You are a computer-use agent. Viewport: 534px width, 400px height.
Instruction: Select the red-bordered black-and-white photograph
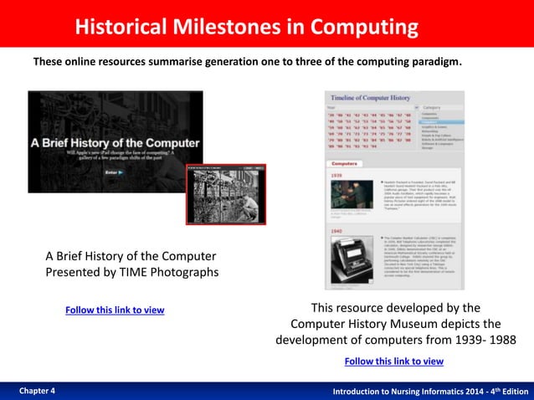coord(225,194)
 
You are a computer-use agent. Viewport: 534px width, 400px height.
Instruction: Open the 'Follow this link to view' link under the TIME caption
coord(115,310)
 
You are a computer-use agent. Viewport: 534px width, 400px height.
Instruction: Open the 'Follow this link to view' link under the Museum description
coord(394,362)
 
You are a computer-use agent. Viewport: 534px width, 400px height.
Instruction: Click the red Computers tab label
coord(345,164)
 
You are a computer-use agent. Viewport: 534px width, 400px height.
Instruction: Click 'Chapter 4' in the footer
coord(37,391)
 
